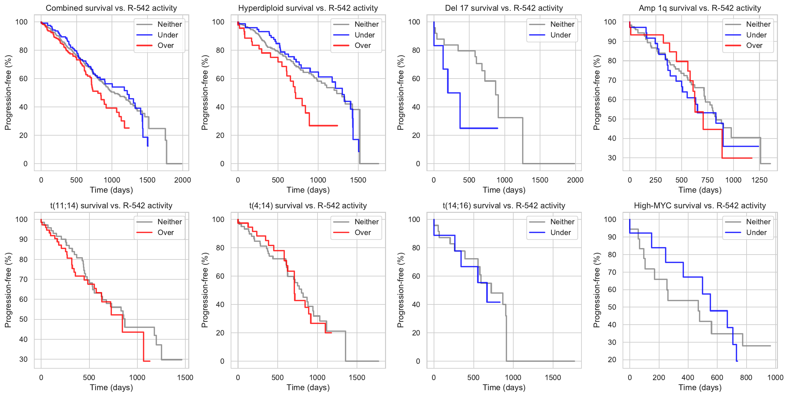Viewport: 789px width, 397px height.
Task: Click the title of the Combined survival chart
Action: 111,8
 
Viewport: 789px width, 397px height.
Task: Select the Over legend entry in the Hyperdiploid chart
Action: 362,46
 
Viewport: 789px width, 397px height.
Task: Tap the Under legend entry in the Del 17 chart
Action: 560,35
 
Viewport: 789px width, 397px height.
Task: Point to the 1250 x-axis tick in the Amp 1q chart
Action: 759,180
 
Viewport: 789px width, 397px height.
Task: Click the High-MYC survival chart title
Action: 700,206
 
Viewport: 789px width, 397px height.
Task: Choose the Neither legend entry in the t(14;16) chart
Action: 562,222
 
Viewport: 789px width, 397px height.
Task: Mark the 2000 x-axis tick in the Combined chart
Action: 182,180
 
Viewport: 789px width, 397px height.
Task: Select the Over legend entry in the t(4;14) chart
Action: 362,232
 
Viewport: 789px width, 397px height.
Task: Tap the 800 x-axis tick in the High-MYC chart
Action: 746,377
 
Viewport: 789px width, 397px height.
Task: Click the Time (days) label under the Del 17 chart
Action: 504,190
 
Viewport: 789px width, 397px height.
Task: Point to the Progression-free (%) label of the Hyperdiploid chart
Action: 205,93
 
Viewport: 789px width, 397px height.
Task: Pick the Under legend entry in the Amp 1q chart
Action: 756,35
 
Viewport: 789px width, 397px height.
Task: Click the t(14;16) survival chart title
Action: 504,206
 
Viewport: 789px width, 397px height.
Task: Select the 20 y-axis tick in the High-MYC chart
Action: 612,360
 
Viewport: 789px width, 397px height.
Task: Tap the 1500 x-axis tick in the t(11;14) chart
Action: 185,377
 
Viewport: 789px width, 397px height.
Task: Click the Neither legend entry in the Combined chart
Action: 169,24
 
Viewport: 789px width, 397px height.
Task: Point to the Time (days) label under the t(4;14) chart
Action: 308,388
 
